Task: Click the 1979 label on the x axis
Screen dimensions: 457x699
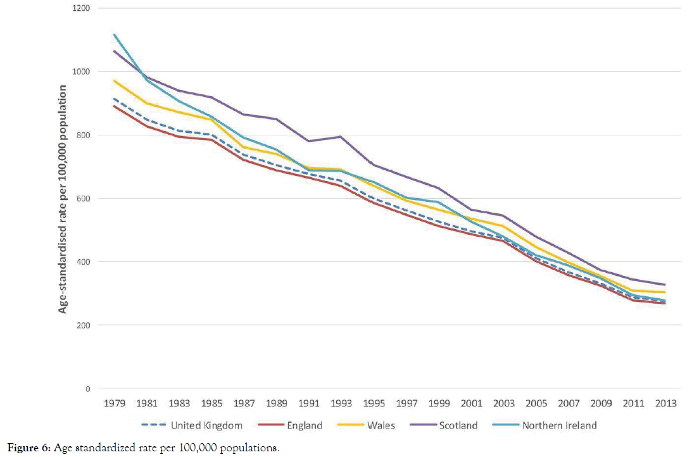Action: tap(115, 403)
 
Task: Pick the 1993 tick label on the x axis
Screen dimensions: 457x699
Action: tap(342, 403)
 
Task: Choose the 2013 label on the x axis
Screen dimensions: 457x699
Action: tap(665, 403)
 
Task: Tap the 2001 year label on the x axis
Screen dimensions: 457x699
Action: tap(471, 403)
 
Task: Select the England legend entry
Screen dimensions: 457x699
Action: tap(304, 425)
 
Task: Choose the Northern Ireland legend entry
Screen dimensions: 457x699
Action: tap(559, 425)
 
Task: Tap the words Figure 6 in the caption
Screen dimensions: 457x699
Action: tap(23, 448)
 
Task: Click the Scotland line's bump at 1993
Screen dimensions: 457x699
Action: tap(342, 136)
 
